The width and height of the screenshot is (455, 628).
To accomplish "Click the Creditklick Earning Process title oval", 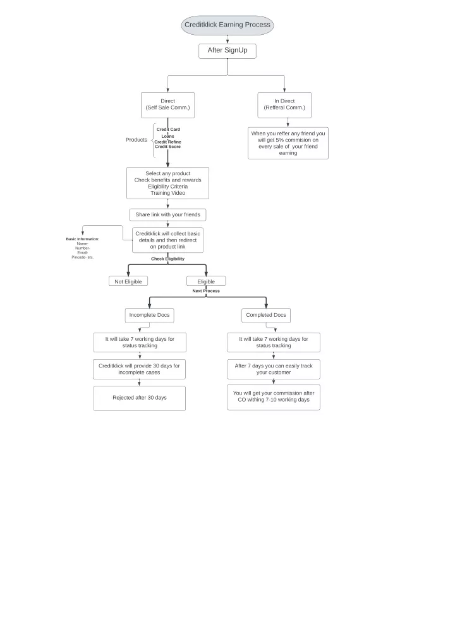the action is pos(227,25).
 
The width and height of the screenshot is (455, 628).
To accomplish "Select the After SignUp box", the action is pos(227,51).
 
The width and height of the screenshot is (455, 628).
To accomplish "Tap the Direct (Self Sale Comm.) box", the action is pos(167,106).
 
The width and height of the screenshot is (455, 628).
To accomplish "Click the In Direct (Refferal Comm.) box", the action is pos(284,106).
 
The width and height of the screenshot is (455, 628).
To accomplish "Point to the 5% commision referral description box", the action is pos(288,143).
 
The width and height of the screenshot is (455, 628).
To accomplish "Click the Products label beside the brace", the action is pos(136,140).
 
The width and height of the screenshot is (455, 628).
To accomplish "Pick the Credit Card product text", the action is pos(169,130).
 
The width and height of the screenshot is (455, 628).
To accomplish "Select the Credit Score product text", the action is pos(167,147).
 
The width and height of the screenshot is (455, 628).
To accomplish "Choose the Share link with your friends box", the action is pos(167,214).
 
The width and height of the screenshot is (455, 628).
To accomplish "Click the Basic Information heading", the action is pos(82,239).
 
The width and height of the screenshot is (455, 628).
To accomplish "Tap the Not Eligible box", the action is pos(128,281).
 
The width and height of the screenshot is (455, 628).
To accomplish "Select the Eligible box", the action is pos(206,281).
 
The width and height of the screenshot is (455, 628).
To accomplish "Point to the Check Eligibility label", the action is pos(167,259).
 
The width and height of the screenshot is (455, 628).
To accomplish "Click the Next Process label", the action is pos(206,291).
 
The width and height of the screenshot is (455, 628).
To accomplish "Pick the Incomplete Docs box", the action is pos(149,316).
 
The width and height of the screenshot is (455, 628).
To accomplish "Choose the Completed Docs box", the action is pos(266,316).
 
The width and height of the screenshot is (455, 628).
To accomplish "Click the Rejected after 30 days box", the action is pos(140,398).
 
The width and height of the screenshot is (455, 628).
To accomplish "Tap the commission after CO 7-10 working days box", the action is pos(274,397).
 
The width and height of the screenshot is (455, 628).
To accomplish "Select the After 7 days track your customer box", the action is pos(274,369).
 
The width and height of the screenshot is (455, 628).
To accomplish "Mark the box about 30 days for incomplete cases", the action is pos(139,369).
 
